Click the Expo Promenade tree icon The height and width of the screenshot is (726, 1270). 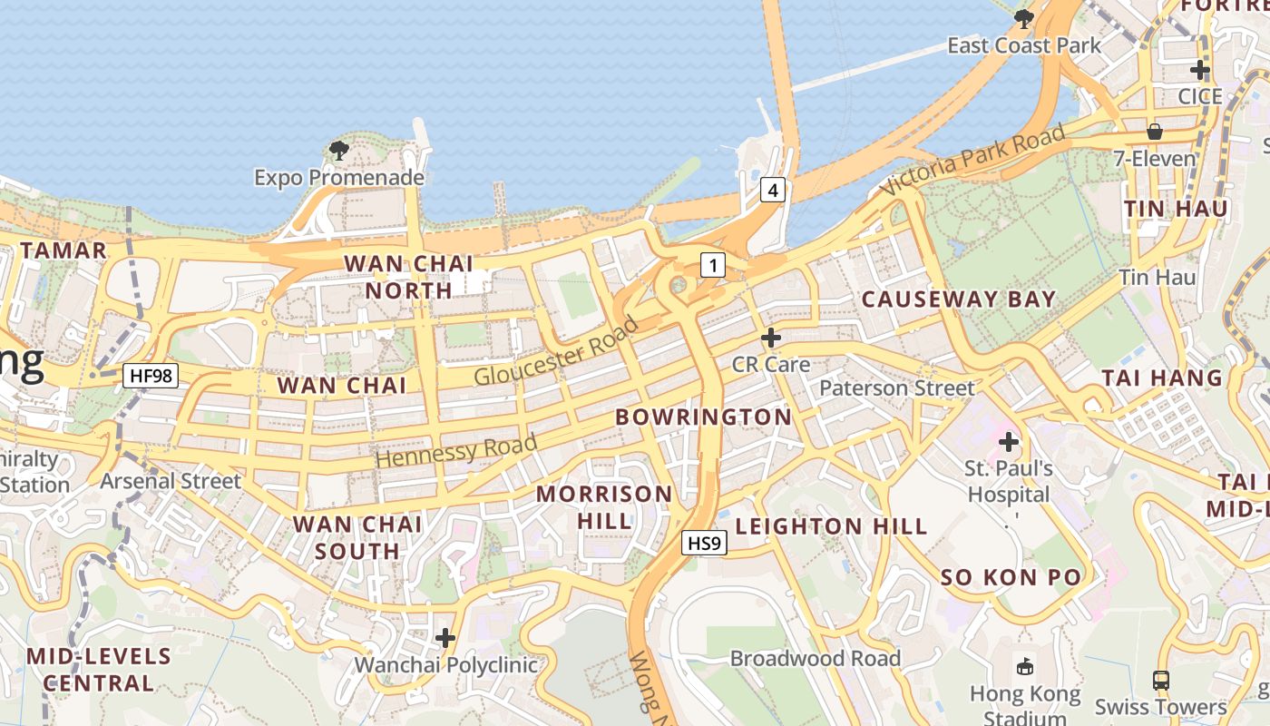click(339, 151)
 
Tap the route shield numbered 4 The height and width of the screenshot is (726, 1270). click(772, 191)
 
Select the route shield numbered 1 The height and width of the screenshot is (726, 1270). click(714, 265)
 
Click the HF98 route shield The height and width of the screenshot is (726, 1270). click(151, 375)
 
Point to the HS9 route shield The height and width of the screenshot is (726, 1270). click(704, 544)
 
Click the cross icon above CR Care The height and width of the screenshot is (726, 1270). click(771, 338)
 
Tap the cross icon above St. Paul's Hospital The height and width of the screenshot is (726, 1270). click(1008, 443)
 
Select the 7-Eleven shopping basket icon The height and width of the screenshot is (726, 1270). click(1155, 132)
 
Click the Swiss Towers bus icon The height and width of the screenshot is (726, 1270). click(1160, 680)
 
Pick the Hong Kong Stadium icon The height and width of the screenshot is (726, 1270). click(1025, 667)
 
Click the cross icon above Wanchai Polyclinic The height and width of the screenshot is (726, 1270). click(445, 638)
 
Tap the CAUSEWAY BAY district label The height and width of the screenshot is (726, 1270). click(959, 299)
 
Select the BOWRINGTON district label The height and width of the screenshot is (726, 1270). click(704, 417)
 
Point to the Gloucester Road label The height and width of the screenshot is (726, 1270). click(556, 354)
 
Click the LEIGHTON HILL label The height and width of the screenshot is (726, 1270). click(831, 526)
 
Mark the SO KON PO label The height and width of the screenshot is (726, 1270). click(1011, 578)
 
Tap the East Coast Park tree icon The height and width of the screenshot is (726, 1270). click(1024, 18)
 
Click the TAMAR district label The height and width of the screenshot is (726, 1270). click(63, 250)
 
